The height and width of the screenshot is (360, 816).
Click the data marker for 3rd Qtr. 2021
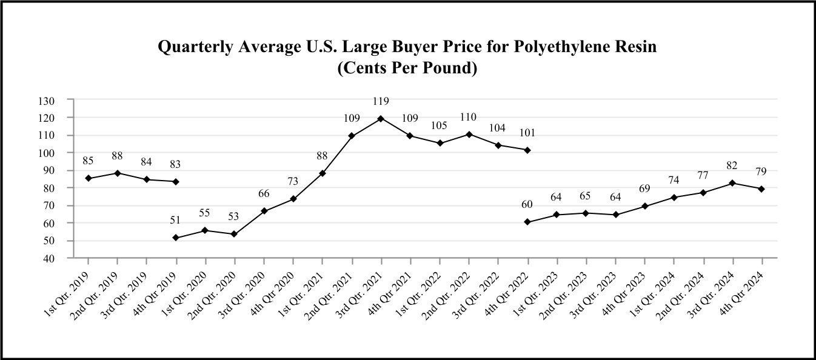point(381,118)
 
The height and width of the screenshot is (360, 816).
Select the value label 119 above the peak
point(381,101)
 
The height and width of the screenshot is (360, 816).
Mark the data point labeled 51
point(176,238)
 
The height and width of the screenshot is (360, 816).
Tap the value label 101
point(527,133)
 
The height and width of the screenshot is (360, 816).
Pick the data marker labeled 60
point(527,222)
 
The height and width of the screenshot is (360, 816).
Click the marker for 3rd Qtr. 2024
point(732,183)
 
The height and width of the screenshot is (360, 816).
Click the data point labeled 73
point(293,199)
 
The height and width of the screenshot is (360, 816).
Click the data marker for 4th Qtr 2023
point(644,206)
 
